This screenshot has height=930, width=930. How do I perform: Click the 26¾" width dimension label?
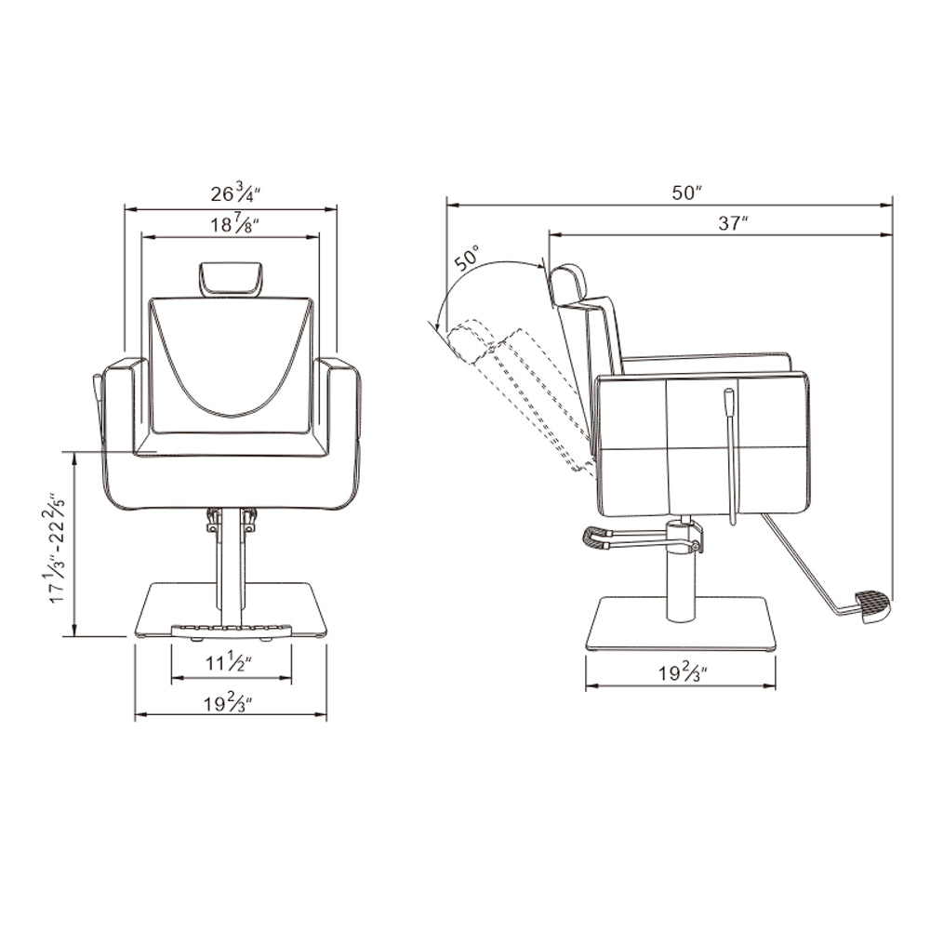pyautogui.click(x=235, y=193)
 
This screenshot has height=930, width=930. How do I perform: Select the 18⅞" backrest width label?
pyautogui.click(x=235, y=224)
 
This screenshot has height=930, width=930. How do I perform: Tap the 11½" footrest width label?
pyautogui.click(x=229, y=662)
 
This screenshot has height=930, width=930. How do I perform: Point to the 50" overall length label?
pyautogui.click(x=687, y=193)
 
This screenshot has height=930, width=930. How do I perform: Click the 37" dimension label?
pyautogui.click(x=733, y=223)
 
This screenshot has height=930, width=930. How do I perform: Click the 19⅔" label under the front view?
pyautogui.click(x=229, y=703)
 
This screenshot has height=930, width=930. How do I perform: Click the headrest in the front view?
pyautogui.click(x=231, y=278)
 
